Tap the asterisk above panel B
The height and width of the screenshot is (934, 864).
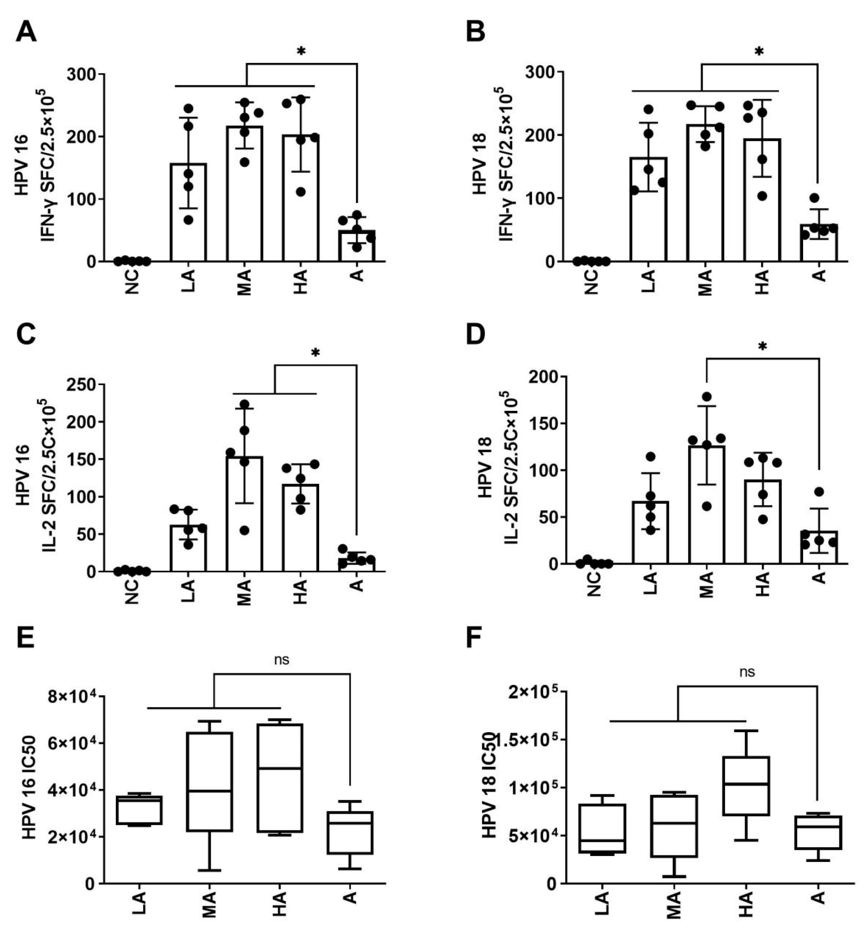759,51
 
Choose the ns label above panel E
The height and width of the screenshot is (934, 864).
281,660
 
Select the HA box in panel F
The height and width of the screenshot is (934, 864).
746,787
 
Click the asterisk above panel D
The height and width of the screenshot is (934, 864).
763,346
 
